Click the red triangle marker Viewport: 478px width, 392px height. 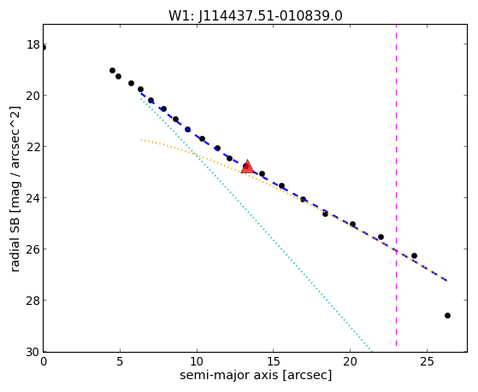pyautogui.click(x=247, y=167)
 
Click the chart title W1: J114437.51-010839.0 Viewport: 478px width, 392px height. pyautogui.click(x=256, y=16)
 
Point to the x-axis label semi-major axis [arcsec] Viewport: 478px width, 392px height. pyautogui.click(x=256, y=375)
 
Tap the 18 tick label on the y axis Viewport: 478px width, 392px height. pyautogui.click(x=33, y=44)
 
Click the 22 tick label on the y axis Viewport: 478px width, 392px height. pyautogui.click(x=33, y=147)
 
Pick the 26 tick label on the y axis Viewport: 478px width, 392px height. pyautogui.click(x=33, y=249)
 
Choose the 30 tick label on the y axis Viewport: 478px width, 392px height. pyautogui.click(x=33, y=352)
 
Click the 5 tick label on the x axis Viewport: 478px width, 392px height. pyautogui.click(x=120, y=361)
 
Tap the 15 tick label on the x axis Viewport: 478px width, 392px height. pyautogui.click(x=273, y=361)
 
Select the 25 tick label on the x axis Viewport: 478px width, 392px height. pyautogui.click(x=427, y=361)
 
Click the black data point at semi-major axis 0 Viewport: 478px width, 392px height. pyautogui.click(x=44, y=48)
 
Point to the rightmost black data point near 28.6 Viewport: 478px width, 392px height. pyautogui.click(x=447, y=315)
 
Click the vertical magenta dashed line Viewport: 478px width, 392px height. pyautogui.click(x=396, y=185)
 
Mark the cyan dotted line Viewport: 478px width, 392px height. pyautogui.click(x=256, y=223)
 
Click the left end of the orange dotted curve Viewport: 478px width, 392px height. pyautogui.click(x=141, y=140)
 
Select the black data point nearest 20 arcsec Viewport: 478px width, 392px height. pyautogui.click(x=352, y=224)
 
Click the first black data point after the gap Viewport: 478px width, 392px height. pyautogui.click(x=112, y=70)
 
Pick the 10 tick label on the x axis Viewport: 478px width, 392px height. pyautogui.click(x=197, y=361)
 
